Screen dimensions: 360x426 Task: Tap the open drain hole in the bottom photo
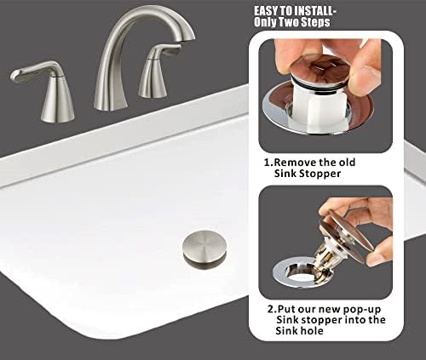(298, 277)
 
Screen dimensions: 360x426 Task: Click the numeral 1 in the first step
(267, 162)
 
